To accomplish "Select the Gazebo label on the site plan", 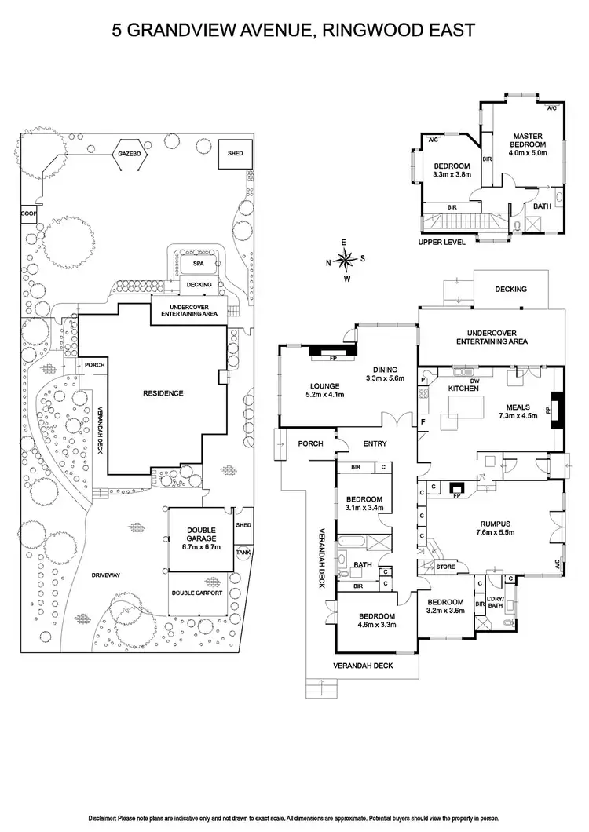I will coord(129,155).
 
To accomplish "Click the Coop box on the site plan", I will coord(27,213).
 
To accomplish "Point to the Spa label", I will coord(197,265).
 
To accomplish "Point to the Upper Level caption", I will coord(442,243).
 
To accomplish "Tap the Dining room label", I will coord(385,370).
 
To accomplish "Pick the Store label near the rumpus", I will coord(445,566).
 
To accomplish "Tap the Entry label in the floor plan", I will coord(375,443).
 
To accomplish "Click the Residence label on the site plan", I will coord(163,392).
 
